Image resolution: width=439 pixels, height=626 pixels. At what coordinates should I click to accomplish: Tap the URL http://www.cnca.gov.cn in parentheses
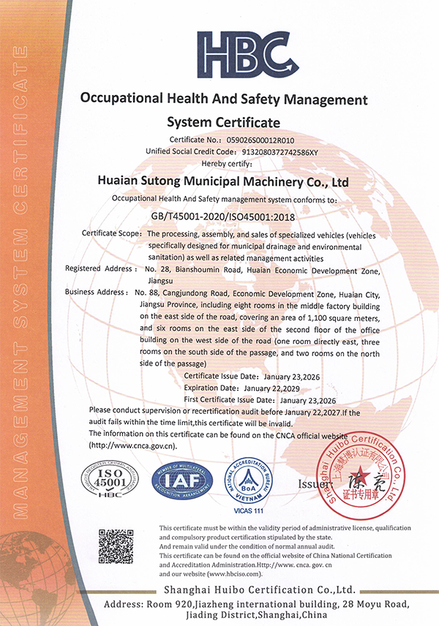coord(132,445)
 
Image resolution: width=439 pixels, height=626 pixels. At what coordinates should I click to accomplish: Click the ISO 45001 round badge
coord(109,480)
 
